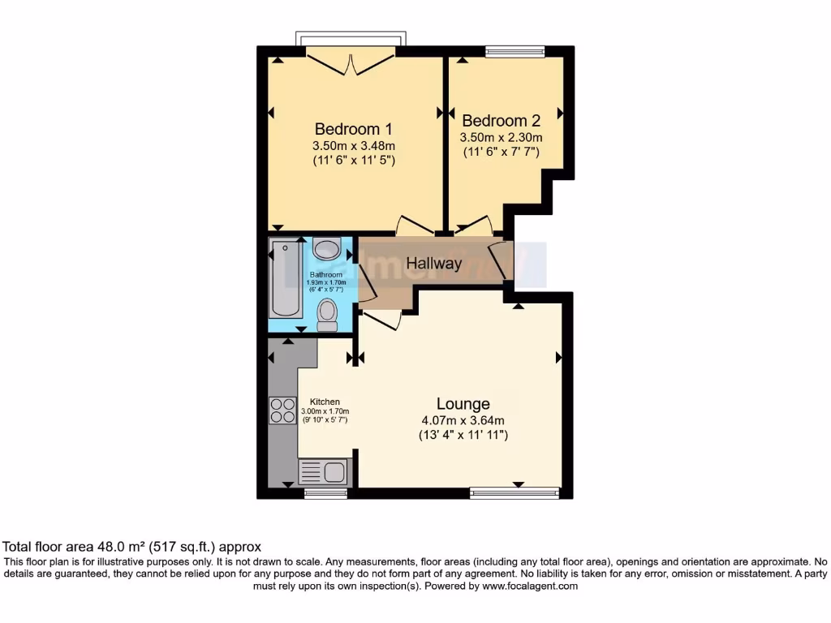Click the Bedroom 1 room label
coord(353,129)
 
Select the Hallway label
coord(434,264)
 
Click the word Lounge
coord(463,404)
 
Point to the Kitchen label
coord(325,402)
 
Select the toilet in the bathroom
coord(327,314)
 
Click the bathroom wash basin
coord(326,249)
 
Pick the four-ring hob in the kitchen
coord(282,410)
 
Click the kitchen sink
coord(323,471)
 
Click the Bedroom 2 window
coord(515,51)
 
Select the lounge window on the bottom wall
coord(515,492)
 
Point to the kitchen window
coord(325,492)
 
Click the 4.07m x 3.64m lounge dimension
coord(463,420)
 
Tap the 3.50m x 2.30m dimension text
coord(501,138)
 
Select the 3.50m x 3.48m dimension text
coord(353,145)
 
